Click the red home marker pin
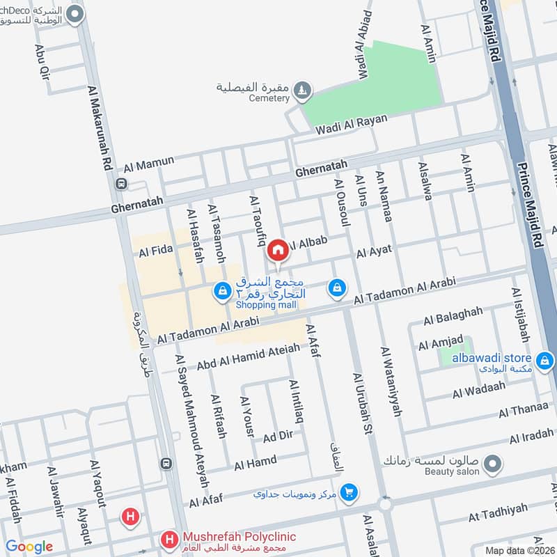click(x=278, y=249)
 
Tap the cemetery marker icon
click(x=301, y=88)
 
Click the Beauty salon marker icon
click(x=493, y=462)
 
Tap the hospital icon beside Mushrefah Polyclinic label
click(x=168, y=539)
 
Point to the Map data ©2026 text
click(x=519, y=550)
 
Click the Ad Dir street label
click(x=278, y=437)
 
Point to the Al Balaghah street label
click(x=453, y=315)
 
